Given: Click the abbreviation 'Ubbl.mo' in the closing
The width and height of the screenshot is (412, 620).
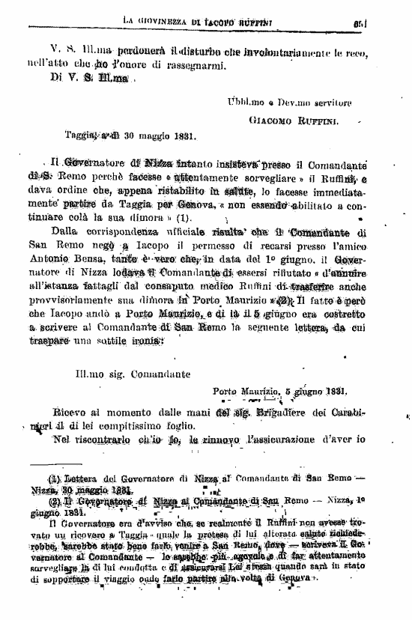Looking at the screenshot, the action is coord(244,102).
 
